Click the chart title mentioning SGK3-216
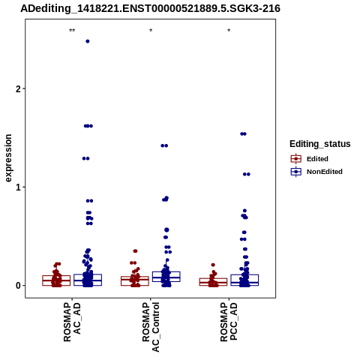click(x=150, y=8)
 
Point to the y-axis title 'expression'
click(x=8, y=158)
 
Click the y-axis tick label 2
click(x=18, y=88)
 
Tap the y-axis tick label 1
click(x=18, y=187)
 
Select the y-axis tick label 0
click(x=18, y=286)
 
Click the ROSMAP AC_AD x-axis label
click(x=72, y=322)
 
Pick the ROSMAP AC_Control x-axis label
click(x=151, y=327)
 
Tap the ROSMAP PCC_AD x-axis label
click(x=229, y=322)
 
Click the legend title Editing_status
click(x=320, y=144)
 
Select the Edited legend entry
click(x=309, y=159)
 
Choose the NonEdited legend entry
click(x=316, y=172)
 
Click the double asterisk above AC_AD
click(x=72, y=31)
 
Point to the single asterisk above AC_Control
click(x=151, y=31)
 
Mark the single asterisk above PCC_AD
click(x=229, y=31)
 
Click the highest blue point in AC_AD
click(x=88, y=41)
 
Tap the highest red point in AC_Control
click(x=135, y=251)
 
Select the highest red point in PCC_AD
click(x=213, y=265)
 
